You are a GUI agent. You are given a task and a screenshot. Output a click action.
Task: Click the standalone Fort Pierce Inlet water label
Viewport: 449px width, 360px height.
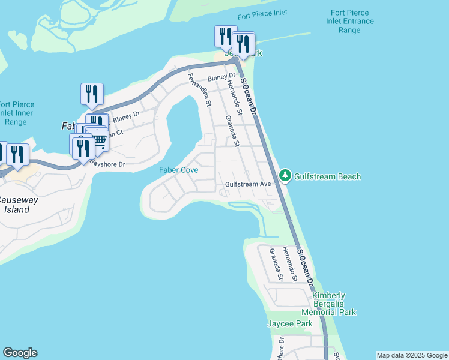click(262, 13)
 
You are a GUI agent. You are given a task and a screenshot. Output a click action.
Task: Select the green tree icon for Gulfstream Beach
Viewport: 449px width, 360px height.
click(285, 176)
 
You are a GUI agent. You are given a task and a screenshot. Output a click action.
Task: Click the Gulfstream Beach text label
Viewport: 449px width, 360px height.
click(328, 176)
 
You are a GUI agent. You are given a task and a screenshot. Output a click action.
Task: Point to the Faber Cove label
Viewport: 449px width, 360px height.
click(178, 170)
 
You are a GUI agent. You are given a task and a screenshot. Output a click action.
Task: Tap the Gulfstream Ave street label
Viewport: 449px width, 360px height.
click(249, 184)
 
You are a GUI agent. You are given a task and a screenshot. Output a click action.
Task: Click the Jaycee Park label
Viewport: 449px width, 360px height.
click(290, 324)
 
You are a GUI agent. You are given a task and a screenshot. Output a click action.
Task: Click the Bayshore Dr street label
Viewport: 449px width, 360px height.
click(107, 163)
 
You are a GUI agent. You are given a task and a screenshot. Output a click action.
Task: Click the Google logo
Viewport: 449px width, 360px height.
click(20, 353)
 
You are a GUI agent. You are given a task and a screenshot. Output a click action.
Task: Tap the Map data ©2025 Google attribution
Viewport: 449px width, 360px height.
click(412, 355)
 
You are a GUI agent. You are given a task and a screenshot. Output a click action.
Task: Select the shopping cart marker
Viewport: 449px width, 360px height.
click(99, 141)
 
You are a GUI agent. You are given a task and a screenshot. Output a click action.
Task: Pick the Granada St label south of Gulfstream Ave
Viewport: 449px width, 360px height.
click(276, 265)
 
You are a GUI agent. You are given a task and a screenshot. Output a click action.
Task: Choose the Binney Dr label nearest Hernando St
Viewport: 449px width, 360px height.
click(220, 77)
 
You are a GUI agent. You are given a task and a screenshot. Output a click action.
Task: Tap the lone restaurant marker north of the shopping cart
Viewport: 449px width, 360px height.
click(92, 94)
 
